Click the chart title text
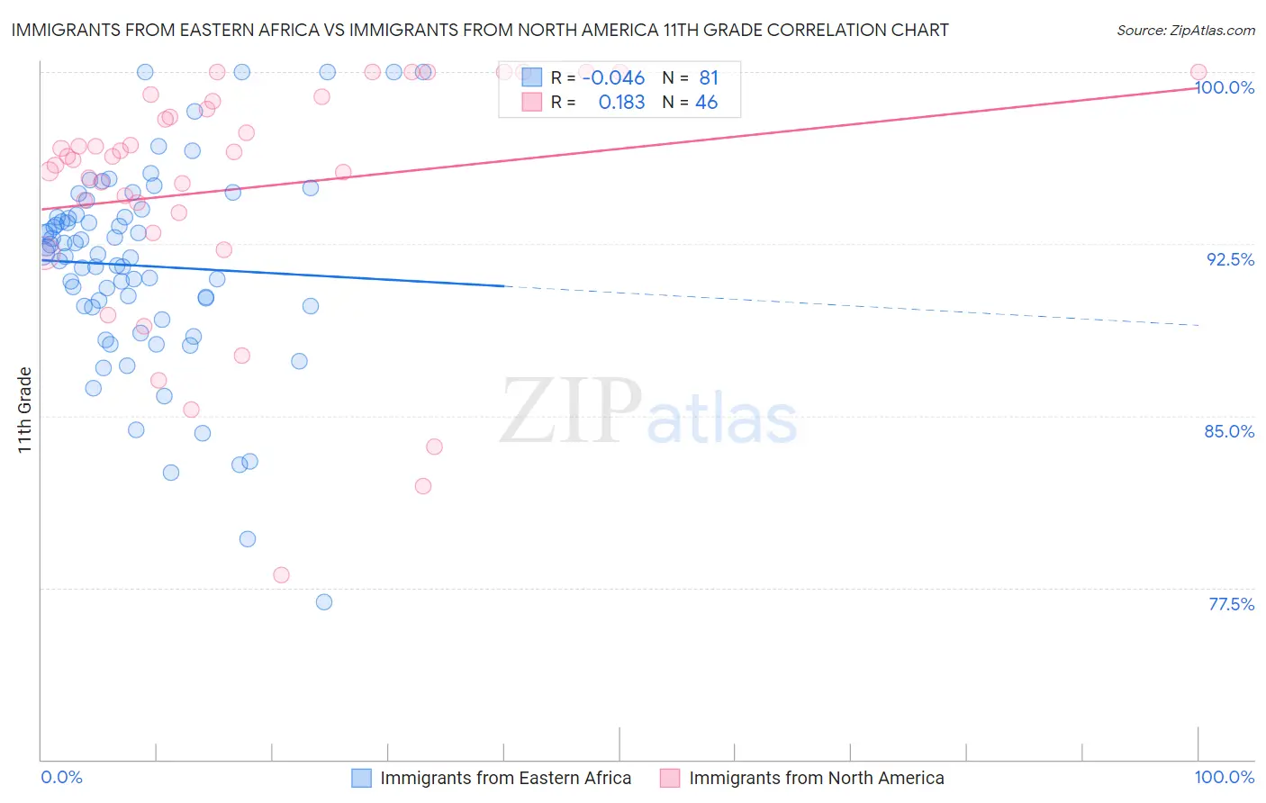tap(479, 30)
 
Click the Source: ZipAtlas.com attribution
tap(1185, 30)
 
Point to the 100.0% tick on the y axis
tap(1225, 87)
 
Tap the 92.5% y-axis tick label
tap(1230, 259)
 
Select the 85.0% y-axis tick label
tap(1229, 431)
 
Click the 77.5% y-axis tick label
tap(1231, 604)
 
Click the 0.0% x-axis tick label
tap(61, 777)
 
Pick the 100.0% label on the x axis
tap(1224, 777)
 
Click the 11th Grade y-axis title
tap(25, 410)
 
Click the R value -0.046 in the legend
tap(613, 77)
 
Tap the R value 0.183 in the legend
tap(621, 103)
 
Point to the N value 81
tap(709, 77)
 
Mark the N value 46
tap(707, 103)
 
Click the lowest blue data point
tap(324, 602)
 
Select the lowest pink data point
tap(281, 575)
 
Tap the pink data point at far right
tap(1198, 72)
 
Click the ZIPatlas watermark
tap(648, 411)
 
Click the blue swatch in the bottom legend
tap(361, 778)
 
